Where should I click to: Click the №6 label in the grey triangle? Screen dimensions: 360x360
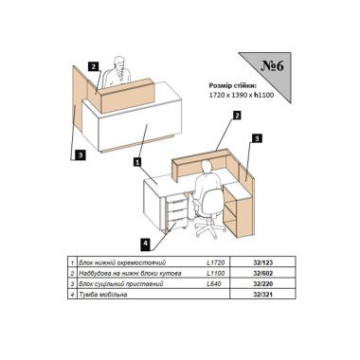273,66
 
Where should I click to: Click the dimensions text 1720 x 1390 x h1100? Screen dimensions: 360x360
242,95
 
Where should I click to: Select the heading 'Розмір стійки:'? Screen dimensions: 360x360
233,85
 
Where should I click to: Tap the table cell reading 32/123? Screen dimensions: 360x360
262,262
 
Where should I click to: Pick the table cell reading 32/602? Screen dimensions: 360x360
262,273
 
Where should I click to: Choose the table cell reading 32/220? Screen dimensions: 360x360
262,284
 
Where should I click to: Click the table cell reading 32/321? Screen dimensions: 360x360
262,295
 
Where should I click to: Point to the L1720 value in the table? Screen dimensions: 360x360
216,262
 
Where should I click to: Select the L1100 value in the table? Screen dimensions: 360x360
216,273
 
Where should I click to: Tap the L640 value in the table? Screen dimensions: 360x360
214,284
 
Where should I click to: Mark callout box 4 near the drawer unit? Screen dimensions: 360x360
146,243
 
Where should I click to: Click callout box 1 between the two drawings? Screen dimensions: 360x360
137,162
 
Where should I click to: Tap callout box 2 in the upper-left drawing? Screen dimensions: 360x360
94,66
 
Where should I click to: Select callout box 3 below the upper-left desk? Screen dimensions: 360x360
81,154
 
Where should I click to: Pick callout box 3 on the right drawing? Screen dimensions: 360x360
257,138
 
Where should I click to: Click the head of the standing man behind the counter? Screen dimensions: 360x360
119,63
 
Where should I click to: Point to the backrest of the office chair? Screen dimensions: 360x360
212,202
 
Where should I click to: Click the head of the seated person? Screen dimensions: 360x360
207,167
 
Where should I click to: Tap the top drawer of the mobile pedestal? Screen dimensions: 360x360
176,200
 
